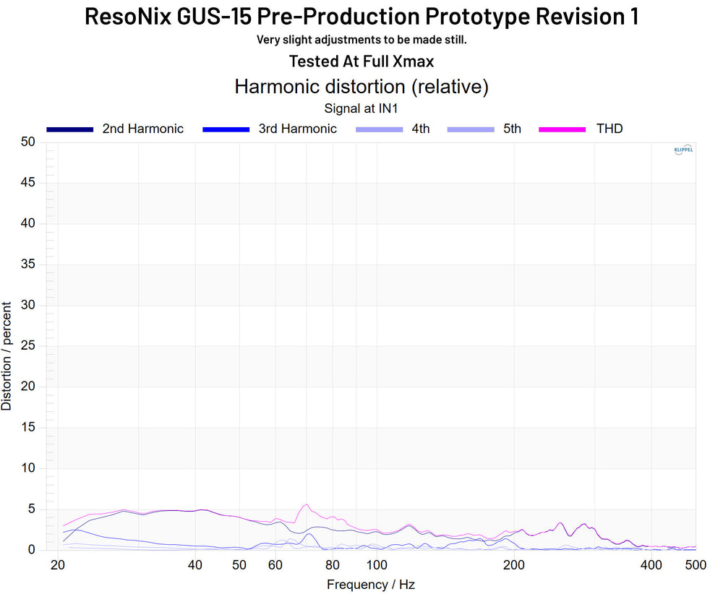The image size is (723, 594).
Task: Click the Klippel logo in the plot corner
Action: (683, 150)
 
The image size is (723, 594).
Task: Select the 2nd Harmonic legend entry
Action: (142, 129)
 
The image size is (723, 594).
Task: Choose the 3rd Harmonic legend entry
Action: (297, 129)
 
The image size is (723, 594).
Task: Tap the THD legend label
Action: (609, 129)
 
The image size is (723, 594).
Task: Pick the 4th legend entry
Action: (420, 129)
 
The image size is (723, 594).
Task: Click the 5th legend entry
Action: (511, 129)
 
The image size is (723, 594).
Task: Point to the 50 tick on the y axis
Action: (27, 142)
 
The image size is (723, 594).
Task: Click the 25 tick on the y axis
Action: (27, 346)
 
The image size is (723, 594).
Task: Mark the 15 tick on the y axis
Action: (27, 428)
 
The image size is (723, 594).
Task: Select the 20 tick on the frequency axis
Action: (59, 564)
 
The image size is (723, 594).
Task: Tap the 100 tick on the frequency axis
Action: (377, 564)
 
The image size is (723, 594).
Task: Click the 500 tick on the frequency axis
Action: (696, 564)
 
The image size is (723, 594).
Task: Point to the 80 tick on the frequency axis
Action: (333, 564)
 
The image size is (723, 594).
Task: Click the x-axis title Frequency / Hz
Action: (371, 585)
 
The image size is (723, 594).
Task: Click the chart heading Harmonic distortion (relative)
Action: (361, 87)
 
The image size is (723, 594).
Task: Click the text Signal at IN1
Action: (361, 108)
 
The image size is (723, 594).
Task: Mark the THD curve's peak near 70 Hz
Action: (307, 504)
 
